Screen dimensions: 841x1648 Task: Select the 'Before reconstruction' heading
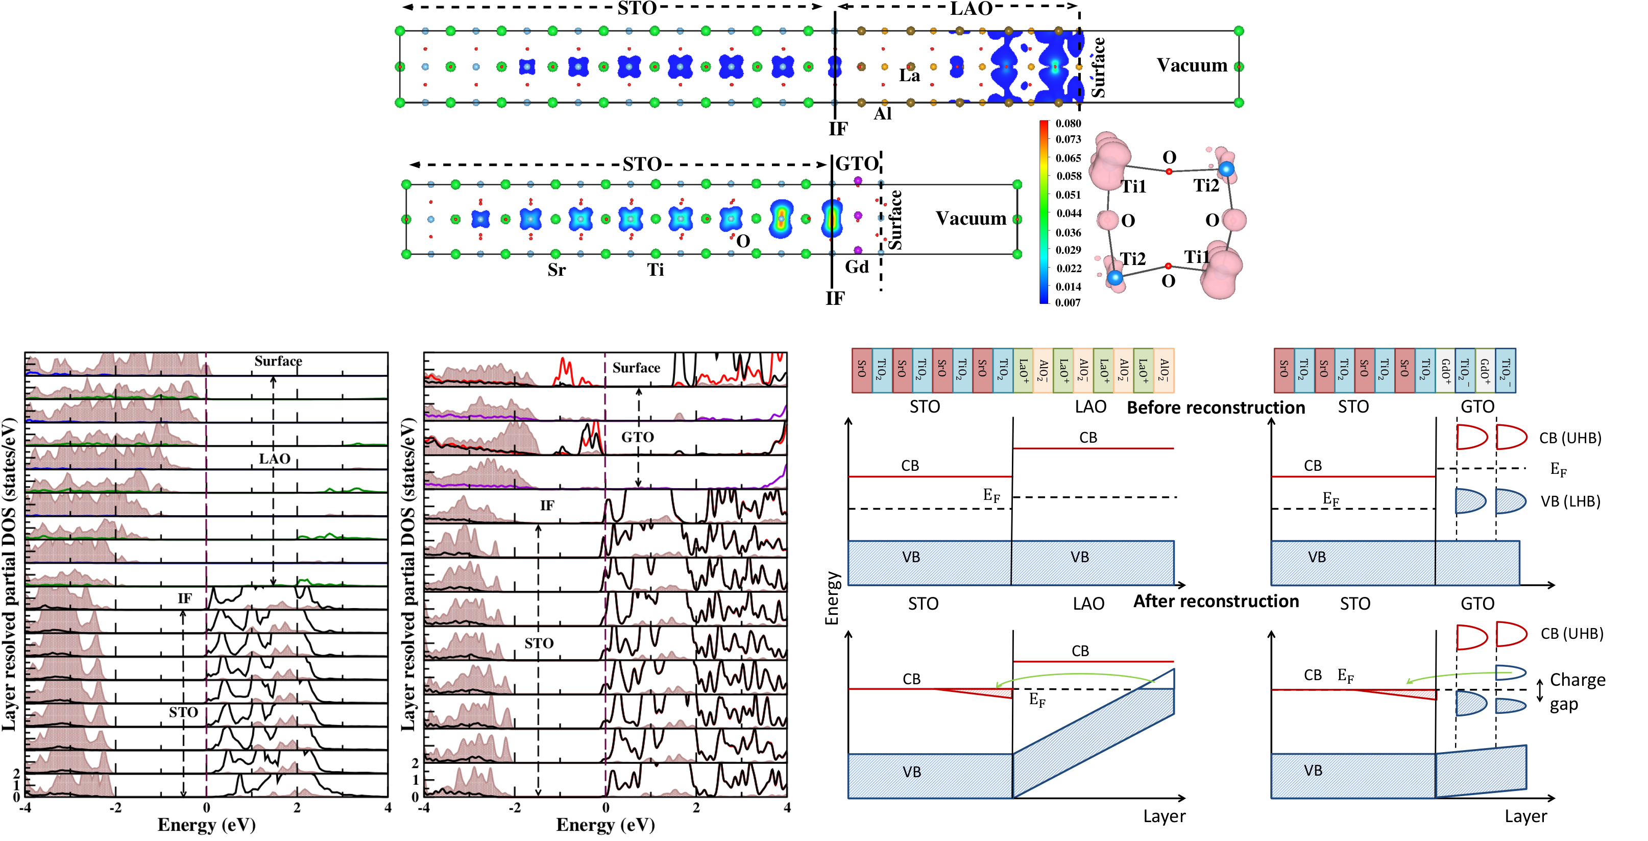tap(1216, 407)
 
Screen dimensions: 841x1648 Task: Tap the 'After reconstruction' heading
tap(1216, 602)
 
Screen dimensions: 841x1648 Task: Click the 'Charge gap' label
tap(1577, 692)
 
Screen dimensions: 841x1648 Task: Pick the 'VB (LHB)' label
tap(1570, 501)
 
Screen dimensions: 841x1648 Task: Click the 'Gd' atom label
tap(857, 267)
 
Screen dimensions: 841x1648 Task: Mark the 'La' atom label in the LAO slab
tap(909, 76)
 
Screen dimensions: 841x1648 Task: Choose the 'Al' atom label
tap(882, 114)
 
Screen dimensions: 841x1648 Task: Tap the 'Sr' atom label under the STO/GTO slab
tap(556, 270)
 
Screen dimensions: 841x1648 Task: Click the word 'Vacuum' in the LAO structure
tap(1191, 65)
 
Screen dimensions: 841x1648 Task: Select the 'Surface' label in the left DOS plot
tap(278, 361)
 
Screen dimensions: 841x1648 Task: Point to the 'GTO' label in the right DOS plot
tap(637, 437)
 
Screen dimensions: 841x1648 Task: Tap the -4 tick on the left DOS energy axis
tap(25, 808)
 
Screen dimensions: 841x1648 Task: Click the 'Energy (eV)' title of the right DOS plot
tap(605, 825)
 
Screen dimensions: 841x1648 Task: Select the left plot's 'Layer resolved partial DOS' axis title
tap(9, 574)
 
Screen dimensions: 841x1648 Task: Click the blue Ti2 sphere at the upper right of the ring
tap(1226, 169)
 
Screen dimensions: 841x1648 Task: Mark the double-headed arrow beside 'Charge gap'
tap(1540, 690)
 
